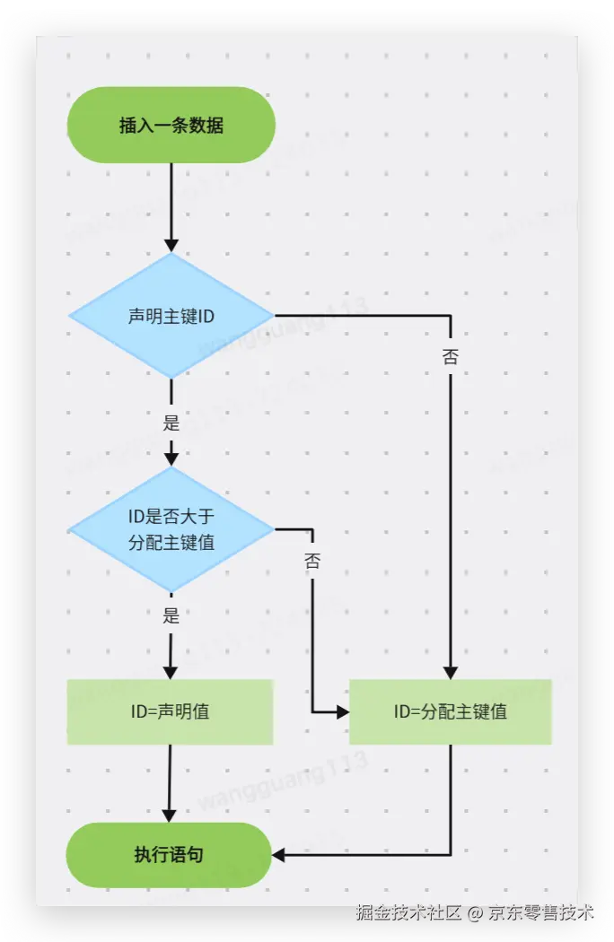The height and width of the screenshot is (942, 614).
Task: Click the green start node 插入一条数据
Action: [171, 125]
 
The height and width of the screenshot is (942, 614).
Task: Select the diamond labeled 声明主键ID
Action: [171, 316]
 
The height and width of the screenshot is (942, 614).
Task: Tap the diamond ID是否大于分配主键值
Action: [171, 529]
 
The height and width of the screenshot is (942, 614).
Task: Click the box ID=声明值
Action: [170, 711]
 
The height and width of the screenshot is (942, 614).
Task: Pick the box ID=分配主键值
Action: [450, 711]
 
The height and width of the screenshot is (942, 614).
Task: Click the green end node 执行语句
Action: [169, 854]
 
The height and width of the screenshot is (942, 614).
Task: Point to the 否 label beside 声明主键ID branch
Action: [450, 357]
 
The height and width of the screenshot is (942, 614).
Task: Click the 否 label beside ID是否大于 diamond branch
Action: [311, 563]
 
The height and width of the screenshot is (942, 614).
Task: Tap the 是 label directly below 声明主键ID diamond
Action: [171, 423]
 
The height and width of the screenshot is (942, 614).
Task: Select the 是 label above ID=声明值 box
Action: [171, 615]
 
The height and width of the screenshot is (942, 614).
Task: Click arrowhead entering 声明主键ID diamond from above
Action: [171, 245]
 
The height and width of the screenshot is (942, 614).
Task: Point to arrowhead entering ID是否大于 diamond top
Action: [171, 459]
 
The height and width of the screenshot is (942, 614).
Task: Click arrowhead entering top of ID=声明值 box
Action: [171, 672]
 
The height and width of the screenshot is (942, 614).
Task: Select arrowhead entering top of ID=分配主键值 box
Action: [450, 672]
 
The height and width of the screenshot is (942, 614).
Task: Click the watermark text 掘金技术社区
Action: [409, 913]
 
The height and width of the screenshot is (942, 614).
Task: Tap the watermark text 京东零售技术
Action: [541, 913]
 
